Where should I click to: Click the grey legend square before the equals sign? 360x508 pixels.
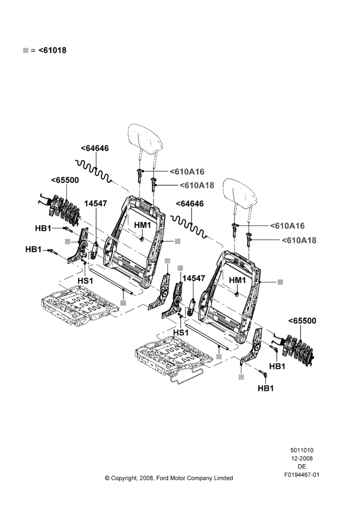25,50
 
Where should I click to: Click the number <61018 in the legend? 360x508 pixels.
52,50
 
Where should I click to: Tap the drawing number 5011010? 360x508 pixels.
302,450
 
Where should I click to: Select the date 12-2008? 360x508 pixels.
302,458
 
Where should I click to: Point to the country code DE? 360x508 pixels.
302,466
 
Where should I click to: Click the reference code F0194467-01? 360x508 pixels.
302,475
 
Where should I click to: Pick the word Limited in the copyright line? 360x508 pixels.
224,478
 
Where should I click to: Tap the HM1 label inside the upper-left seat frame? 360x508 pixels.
143,225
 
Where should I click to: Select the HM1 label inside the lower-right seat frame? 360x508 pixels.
238,279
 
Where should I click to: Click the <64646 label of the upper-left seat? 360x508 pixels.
95,148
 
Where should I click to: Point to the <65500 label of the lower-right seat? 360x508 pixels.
302,321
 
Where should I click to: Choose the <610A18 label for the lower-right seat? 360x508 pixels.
298,240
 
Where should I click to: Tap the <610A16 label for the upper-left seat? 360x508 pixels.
187,171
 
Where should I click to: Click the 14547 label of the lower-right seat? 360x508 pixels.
194,278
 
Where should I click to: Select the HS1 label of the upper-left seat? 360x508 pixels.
85,280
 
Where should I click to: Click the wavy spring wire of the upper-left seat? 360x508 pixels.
94,170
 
